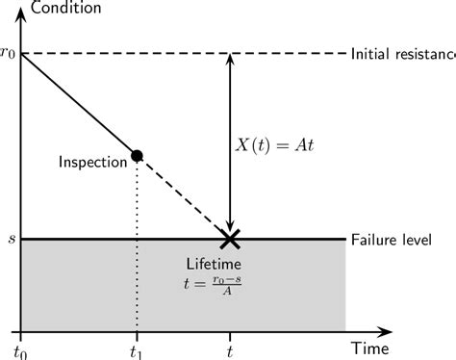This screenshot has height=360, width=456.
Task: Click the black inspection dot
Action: click(137, 156)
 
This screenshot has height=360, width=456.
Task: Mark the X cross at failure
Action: click(229, 238)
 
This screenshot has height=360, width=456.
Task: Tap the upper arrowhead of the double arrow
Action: click(229, 59)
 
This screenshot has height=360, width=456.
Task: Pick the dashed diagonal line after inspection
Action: click(183, 197)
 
